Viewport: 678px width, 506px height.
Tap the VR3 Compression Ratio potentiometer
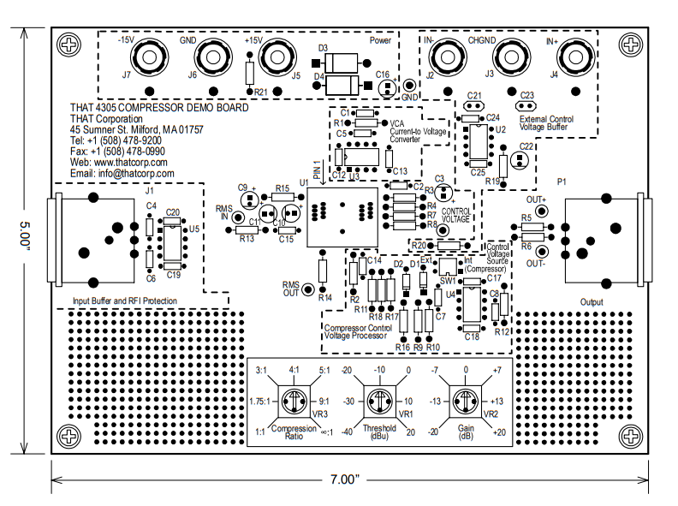(295, 400)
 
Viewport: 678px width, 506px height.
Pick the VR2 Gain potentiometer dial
(466, 400)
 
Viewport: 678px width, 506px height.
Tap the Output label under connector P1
(591, 302)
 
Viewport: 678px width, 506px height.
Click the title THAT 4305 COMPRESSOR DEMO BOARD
(159, 108)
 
